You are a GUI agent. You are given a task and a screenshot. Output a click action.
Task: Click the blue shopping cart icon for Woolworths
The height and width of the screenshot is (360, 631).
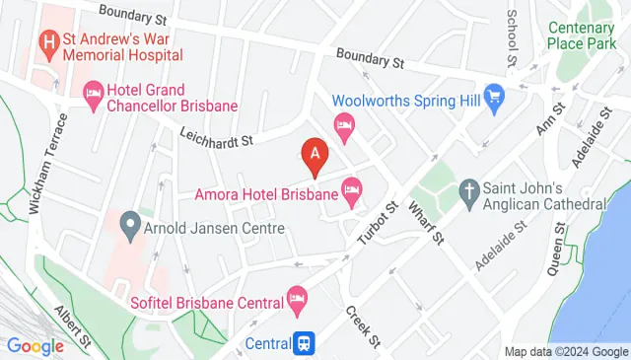click(495, 99)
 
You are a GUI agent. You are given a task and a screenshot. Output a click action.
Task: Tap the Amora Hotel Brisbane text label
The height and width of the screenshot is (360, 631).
click(266, 193)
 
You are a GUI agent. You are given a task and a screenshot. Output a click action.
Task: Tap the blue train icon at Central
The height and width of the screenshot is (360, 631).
click(306, 342)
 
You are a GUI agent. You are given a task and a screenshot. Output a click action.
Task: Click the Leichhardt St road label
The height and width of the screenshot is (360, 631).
click(217, 139)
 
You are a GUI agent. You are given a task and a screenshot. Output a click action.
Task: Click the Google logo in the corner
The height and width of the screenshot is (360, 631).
click(35, 346)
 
